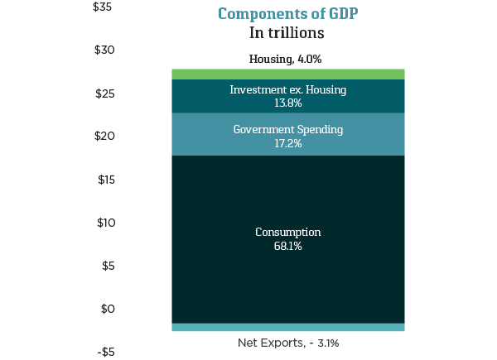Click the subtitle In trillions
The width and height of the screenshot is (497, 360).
(x=287, y=33)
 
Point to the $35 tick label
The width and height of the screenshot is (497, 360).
(x=104, y=7)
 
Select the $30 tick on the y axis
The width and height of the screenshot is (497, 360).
(x=104, y=50)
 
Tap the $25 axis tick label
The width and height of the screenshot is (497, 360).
(x=104, y=94)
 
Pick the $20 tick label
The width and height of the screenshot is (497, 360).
(x=104, y=137)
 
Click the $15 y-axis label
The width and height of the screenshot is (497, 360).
(x=104, y=180)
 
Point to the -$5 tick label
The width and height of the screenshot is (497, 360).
(x=105, y=352)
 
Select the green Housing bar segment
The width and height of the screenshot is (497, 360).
(x=287, y=74)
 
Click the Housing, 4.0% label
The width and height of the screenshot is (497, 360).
(x=285, y=60)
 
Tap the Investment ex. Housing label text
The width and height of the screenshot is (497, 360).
(x=287, y=89)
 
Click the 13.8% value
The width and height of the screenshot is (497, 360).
(x=287, y=103)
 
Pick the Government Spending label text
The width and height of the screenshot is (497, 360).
(x=287, y=130)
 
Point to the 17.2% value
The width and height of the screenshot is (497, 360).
(x=287, y=144)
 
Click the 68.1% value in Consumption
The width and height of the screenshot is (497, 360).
(x=287, y=247)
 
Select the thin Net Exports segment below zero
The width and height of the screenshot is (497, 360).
(x=287, y=327)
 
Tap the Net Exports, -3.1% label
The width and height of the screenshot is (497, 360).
(x=288, y=343)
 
